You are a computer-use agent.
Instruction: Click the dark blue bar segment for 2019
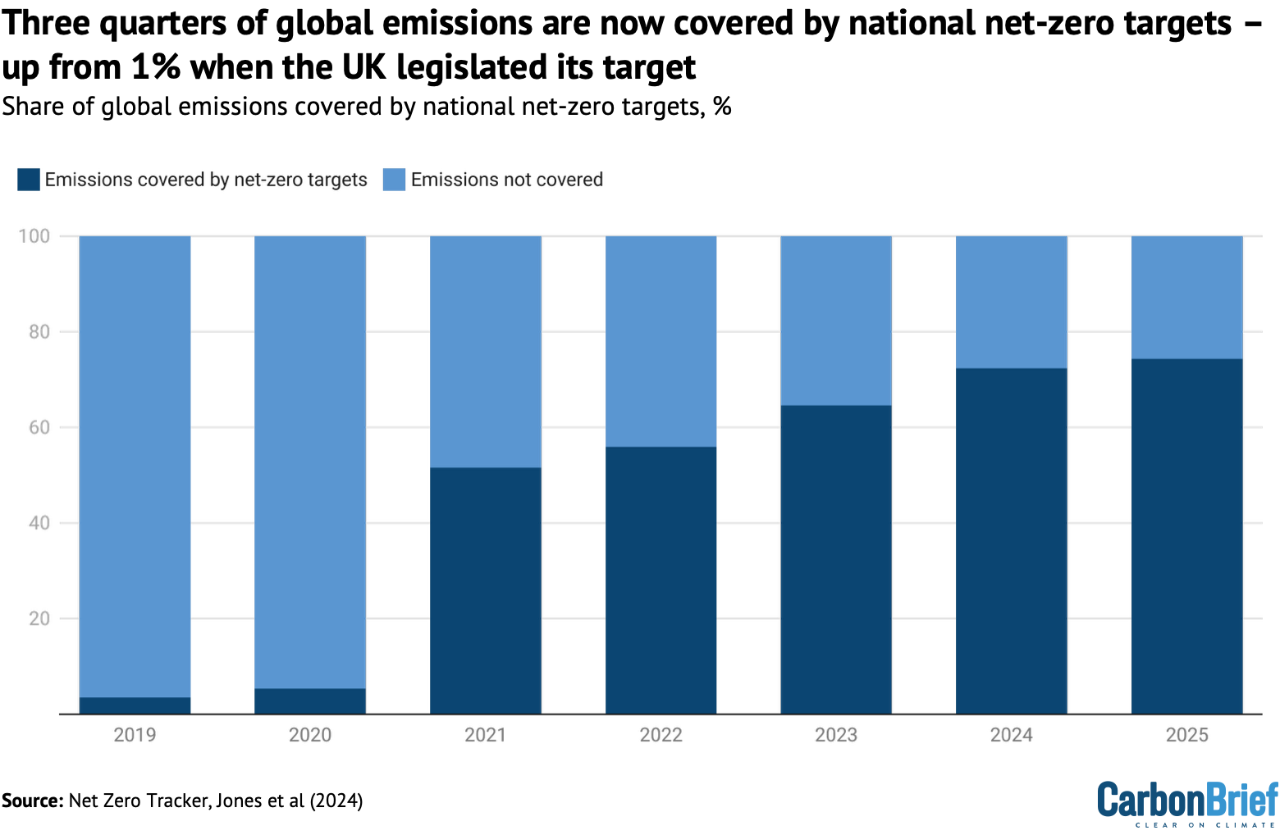135,705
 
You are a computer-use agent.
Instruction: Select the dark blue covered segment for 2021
486,591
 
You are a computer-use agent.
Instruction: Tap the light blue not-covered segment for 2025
1186,297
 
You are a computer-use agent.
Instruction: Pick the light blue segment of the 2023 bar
835,321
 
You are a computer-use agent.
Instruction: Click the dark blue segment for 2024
1011,541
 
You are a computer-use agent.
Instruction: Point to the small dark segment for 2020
310,701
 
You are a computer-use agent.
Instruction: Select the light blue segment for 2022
661,341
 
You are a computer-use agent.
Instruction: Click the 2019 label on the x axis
135,735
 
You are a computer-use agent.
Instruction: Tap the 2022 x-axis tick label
661,735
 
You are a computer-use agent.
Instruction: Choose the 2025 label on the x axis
1186,735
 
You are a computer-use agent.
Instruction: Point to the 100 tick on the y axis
34,236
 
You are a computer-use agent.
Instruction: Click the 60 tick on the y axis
39,427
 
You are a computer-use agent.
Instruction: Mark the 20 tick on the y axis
39,618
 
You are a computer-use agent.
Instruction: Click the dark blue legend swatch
29,180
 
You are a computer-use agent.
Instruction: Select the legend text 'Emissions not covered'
506,180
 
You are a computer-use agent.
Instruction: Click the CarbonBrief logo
1187,803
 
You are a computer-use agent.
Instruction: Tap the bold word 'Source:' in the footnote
32,801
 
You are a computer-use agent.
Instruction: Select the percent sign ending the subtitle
722,107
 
